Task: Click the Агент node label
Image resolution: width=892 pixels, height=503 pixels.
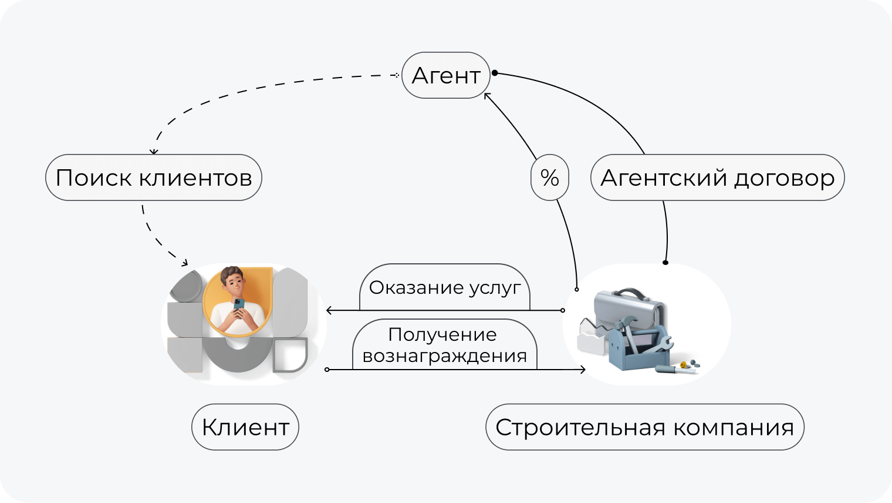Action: pyautogui.click(x=445, y=75)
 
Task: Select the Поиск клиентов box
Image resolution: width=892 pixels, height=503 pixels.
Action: pyautogui.click(x=154, y=177)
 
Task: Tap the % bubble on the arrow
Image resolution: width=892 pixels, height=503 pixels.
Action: pyautogui.click(x=550, y=177)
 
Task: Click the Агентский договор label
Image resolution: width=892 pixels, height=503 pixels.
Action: pyautogui.click(x=717, y=177)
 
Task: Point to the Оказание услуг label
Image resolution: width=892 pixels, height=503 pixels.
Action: pyautogui.click(x=445, y=288)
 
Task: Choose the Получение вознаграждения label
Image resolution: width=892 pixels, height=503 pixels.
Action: pyautogui.click(x=445, y=345)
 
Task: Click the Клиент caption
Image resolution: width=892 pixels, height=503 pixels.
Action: pyautogui.click(x=245, y=427)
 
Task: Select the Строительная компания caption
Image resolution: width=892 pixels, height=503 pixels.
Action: pyautogui.click(x=644, y=427)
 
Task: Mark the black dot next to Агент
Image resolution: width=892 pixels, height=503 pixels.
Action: pyautogui.click(x=495, y=73)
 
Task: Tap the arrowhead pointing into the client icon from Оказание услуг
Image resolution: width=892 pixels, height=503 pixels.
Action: pyautogui.click(x=329, y=310)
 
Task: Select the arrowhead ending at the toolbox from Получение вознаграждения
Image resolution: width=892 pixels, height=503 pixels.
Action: pyautogui.click(x=583, y=370)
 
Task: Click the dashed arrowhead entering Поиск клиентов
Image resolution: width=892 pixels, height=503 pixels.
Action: pyautogui.click(x=154, y=152)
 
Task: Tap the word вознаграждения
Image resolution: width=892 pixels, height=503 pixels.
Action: pyautogui.click(x=445, y=356)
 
